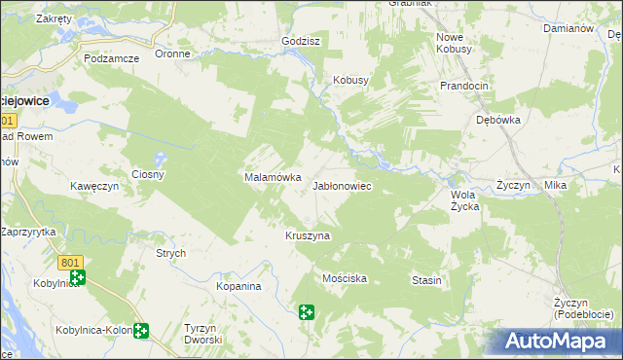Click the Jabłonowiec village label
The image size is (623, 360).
341,185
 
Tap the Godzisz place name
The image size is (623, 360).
300,42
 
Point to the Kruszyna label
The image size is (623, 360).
308,235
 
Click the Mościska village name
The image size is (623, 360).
344,278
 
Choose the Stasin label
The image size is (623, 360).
426,280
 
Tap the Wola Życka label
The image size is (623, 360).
464,199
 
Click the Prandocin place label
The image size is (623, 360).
463,86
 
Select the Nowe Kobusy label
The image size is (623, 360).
454,42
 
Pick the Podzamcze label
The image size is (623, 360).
112,58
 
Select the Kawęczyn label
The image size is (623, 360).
93,185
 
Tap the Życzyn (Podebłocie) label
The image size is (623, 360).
583,308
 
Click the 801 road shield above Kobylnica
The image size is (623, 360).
70,263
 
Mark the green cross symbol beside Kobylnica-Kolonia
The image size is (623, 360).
142,331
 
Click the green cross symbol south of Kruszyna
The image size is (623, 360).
307,312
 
